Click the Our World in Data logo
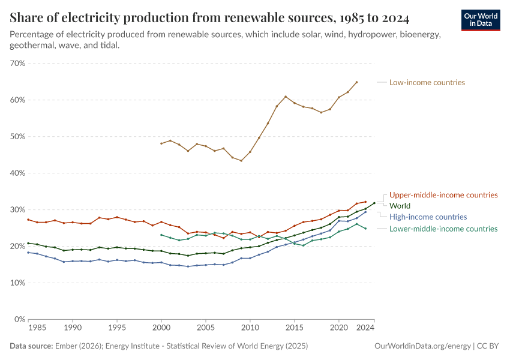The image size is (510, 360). click(x=480, y=20)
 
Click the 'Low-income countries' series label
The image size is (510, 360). click(x=427, y=82)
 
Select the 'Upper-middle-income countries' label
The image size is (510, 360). click(x=443, y=195)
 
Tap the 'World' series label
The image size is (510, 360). click(x=400, y=206)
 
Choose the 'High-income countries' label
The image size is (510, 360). click(x=428, y=217)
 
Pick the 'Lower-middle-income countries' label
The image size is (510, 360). click(x=443, y=229)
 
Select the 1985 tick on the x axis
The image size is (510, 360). click(x=37, y=329)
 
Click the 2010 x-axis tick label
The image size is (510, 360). click(x=250, y=329)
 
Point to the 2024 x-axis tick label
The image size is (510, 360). click(x=366, y=329)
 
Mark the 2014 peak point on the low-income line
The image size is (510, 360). click(x=286, y=97)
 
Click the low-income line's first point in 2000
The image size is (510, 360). click(x=161, y=143)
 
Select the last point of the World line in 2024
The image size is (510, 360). click(x=374, y=203)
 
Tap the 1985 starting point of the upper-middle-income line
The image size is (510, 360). click(x=28, y=220)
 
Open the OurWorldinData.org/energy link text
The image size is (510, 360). click(x=422, y=346)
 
